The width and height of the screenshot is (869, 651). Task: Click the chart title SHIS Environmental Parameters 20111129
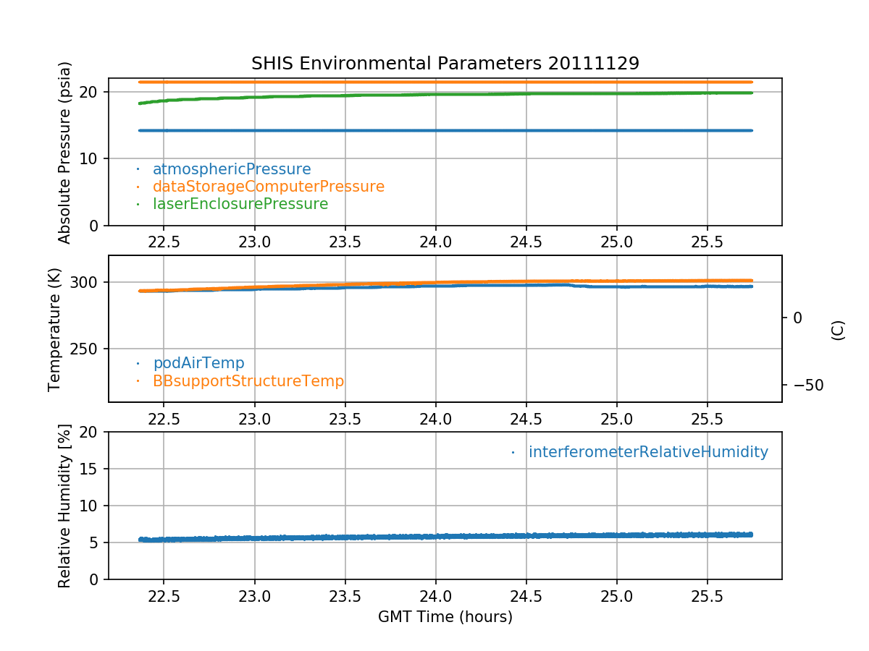445,64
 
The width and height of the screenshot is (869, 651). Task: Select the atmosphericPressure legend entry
231,169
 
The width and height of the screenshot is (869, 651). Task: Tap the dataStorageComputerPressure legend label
268,187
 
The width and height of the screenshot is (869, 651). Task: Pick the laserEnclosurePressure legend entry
240,204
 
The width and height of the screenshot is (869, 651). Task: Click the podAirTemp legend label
198,363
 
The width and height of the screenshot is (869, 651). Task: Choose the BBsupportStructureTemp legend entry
248,380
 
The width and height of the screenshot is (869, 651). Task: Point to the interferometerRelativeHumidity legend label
647,452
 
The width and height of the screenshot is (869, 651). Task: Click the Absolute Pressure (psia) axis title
65,152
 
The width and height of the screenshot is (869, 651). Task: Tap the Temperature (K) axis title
56,329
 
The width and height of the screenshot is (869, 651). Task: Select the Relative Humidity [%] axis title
65,506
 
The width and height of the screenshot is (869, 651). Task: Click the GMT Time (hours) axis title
445,617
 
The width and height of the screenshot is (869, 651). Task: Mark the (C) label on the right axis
838,329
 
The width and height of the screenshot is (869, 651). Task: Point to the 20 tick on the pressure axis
91,92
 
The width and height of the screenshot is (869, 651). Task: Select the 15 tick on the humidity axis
91,469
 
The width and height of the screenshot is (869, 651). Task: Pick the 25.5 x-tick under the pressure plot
707,242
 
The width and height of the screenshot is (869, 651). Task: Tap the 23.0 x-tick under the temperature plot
254,418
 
